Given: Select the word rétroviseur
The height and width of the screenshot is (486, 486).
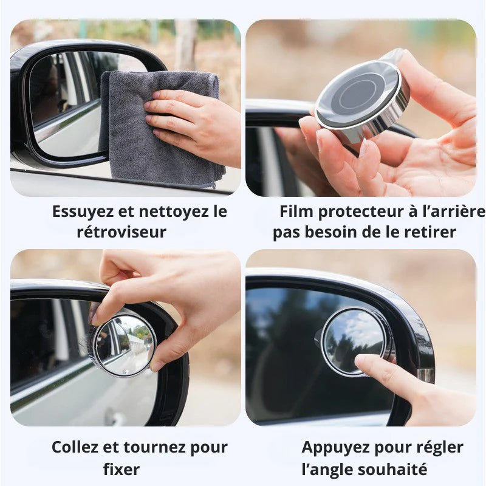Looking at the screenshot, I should tap(122, 232).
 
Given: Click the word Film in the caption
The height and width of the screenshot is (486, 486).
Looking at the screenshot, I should tap(296, 211).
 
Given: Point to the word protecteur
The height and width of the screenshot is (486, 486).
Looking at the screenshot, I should tap(356, 211).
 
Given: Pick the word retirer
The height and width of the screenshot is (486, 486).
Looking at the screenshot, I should tap(430, 232).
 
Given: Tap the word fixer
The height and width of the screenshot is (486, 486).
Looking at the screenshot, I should tap(122, 469).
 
